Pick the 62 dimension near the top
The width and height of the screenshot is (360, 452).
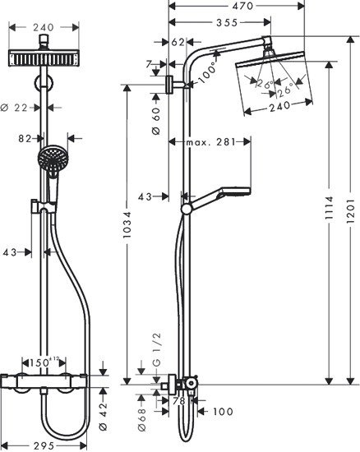(x=178, y=41)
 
